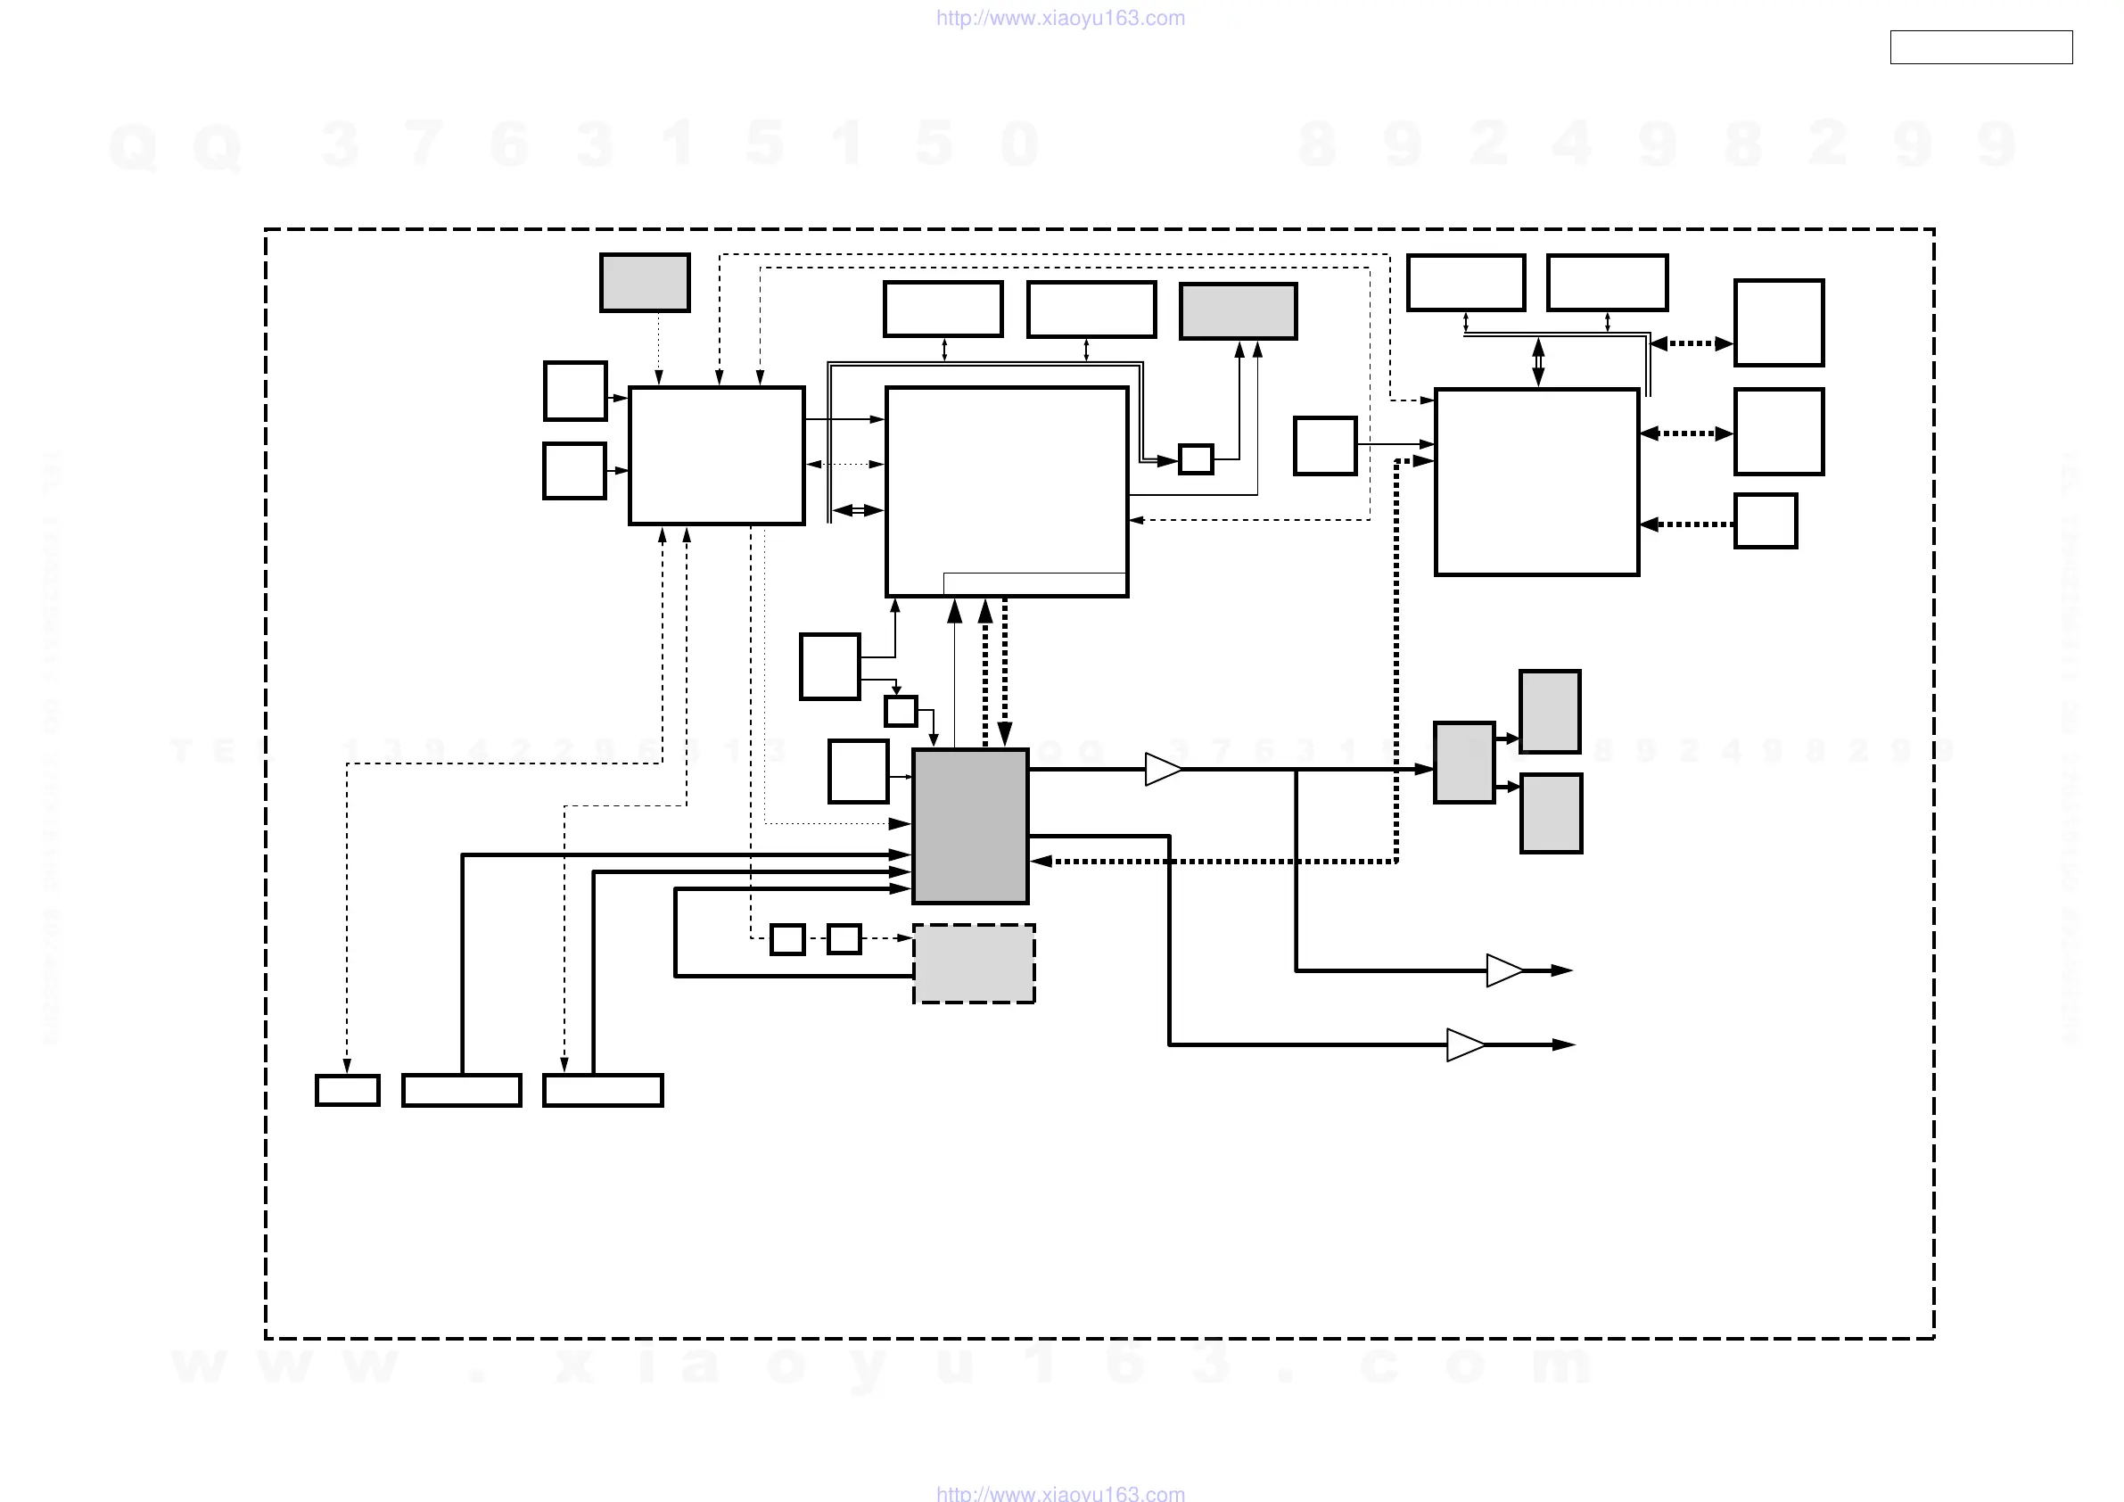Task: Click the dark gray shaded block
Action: pyautogui.click(x=969, y=826)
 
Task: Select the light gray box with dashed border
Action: pyautogui.click(x=973, y=962)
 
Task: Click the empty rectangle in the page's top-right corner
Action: pyautogui.click(x=1980, y=47)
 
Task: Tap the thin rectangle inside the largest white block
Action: pyautogui.click(x=1033, y=583)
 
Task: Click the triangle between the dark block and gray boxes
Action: pyautogui.click(x=1163, y=769)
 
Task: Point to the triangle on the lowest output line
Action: pyautogui.click(x=1464, y=1044)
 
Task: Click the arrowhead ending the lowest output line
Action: pyautogui.click(x=1563, y=1044)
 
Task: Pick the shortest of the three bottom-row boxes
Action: pyautogui.click(x=347, y=1090)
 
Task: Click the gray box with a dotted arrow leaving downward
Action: pyautogui.click(x=645, y=282)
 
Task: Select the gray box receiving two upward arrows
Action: pyautogui.click(x=1238, y=311)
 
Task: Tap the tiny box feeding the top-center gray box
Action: pyautogui.click(x=1195, y=459)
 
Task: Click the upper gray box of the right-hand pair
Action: pyautogui.click(x=1550, y=711)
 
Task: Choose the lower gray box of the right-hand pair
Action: pyautogui.click(x=1551, y=813)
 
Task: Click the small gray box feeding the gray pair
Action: pyautogui.click(x=1463, y=763)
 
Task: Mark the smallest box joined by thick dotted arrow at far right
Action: pyautogui.click(x=1765, y=521)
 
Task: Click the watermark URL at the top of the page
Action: pyautogui.click(x=1060, y=18)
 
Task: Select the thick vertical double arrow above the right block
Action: pyautogui.click(x=1538, y=362)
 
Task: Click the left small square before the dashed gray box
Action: pyautogui.click(x=787, y=939)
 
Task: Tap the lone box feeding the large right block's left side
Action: pyautogui.click(x=1325, y=446)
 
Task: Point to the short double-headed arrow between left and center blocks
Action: pyautogui.click(x=858, y=510)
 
